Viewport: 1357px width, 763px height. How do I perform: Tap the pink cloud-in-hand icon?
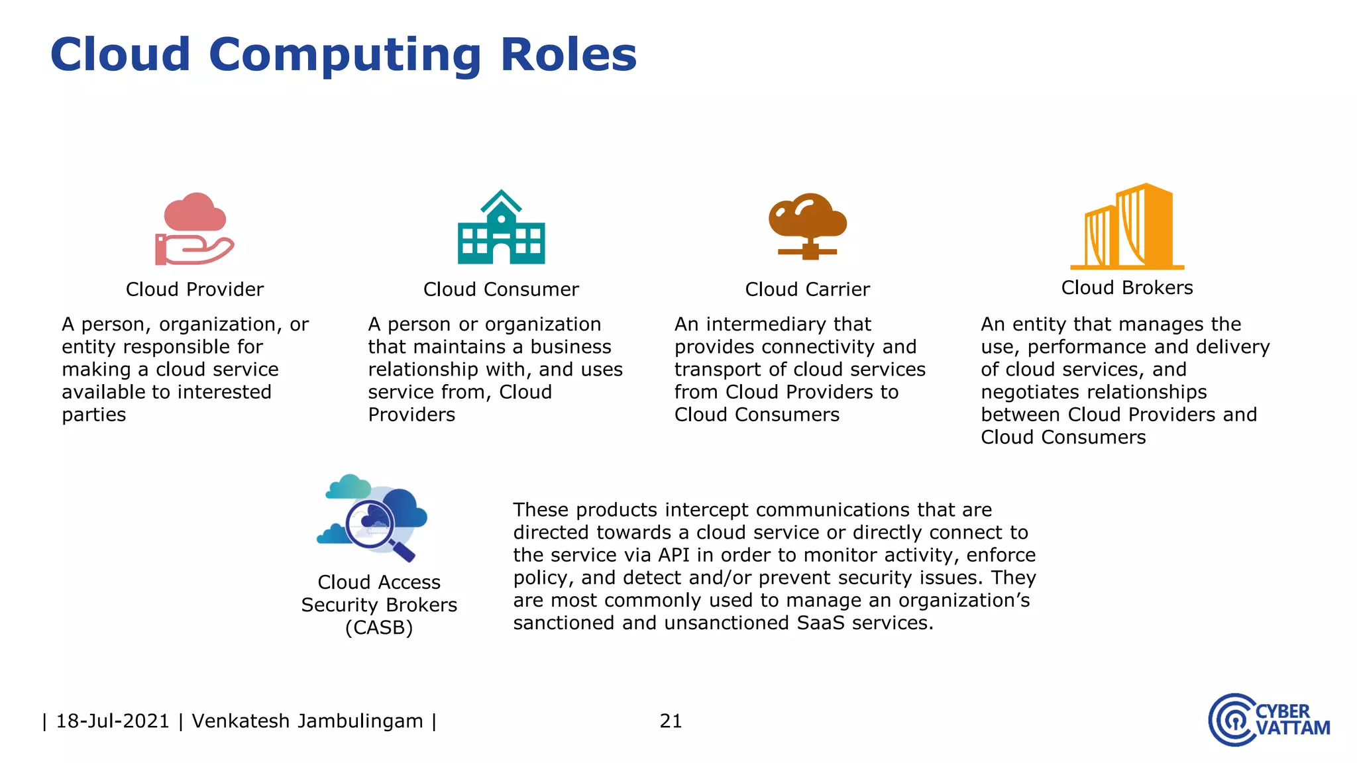coord(194,229)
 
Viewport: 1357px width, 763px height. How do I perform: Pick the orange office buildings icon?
coord(1127,227)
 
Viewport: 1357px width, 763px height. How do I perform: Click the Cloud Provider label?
coord(195,289)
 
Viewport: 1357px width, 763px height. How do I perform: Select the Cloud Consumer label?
coord(501,289)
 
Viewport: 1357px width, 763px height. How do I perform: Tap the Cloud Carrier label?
coord(807,289)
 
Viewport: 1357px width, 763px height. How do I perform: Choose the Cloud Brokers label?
coord(1127,288)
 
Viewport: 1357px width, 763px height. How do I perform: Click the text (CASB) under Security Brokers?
coord(379,627)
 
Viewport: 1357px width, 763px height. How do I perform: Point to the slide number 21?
coord(671,721)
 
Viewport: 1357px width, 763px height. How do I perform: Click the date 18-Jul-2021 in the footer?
coord(113,721)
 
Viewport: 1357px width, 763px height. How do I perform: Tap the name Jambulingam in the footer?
coord(360,721)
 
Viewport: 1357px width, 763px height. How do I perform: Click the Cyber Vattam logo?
coord(1269,720)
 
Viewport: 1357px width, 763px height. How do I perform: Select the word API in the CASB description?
coord(674,555)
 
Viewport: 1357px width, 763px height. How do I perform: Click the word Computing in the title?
coord(345,56)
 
